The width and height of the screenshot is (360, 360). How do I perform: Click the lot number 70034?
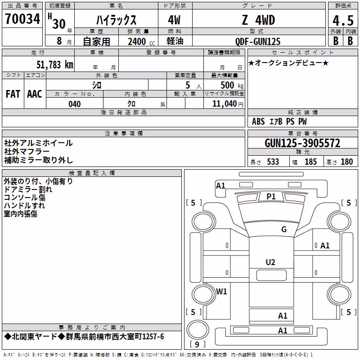click(x=22, y=19)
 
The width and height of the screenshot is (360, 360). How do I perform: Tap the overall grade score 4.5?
click(x=343, y=21)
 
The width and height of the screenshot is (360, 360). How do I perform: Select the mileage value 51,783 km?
click(x=55, y=65)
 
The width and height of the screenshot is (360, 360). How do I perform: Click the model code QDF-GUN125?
click(x=258, y=41)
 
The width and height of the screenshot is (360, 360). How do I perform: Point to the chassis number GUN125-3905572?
click(x=302, y=143)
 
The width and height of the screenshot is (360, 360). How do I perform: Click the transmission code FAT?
click(x=13, y=94)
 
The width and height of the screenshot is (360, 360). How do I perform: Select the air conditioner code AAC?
click(x=35, y=94)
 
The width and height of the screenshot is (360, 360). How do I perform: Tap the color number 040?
click(x=75, y=104)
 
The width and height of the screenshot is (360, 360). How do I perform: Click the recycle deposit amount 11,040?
click(x=224, y=104)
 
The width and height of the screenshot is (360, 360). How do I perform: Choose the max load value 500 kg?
click(x=232, y=85)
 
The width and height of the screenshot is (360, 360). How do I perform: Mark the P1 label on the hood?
click(x=271, y=197)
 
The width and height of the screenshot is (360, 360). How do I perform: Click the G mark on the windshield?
click(x=284, y=229)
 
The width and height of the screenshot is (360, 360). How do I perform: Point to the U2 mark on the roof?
click(x=270, y=262)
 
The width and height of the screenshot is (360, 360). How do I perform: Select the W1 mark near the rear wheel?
click(x=221, y=292)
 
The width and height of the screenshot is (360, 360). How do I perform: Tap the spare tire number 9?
click(x=197, y=344)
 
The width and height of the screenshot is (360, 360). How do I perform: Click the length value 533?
click(x=273, y=162)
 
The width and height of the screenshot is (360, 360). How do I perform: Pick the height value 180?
click(x=346, y=162)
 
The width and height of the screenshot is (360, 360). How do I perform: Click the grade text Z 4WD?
click(x=258, y=20)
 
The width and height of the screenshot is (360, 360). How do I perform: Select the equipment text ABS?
click(x=258, y=121)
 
